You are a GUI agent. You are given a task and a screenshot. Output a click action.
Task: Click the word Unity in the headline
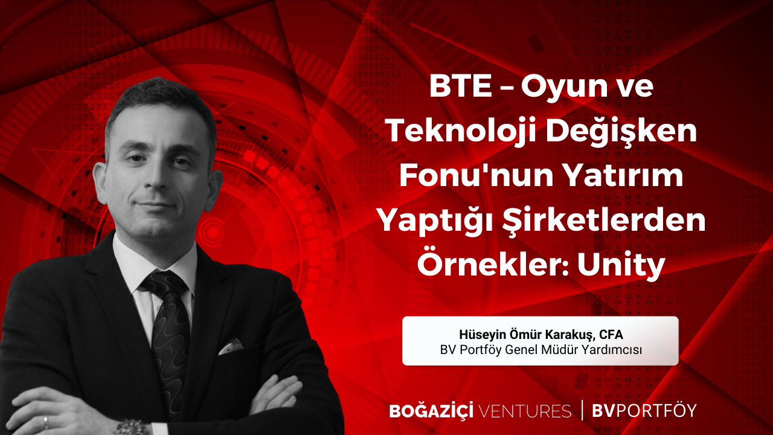point(621,265)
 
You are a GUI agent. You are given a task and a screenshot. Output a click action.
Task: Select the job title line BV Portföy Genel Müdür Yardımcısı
point(540,350)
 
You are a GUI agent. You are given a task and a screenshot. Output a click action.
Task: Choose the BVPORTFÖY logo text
point(644,410)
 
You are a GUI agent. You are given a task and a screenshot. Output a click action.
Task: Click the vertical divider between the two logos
point(582,410)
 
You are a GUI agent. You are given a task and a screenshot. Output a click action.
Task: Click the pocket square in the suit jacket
point(230,346)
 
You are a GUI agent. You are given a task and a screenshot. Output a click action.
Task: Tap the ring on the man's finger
point(46,422)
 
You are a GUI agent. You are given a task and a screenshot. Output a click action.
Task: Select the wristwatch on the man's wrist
point(130,428)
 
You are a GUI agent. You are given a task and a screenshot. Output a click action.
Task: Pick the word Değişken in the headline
point(621,132)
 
